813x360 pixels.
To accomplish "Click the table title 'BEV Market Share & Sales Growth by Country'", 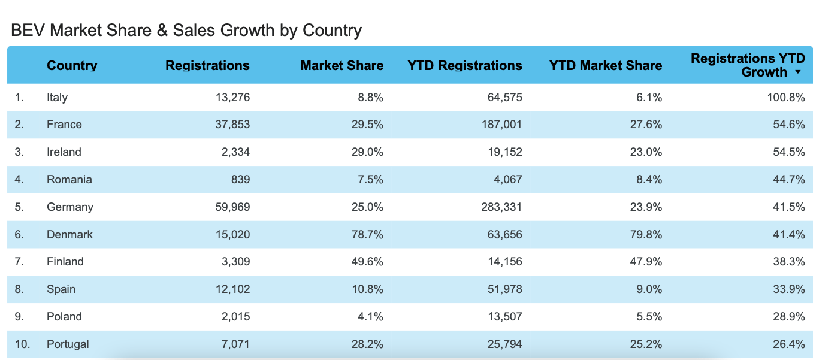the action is tap(186, 30).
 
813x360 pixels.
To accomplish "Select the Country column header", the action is tap(72, 66).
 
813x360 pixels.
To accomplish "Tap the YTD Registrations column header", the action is tap(464, 66).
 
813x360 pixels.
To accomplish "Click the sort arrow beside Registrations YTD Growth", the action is tap(798, 72).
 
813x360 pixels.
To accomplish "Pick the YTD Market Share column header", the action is tap(605, 66).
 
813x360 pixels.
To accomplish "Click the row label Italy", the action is tap(57, 97).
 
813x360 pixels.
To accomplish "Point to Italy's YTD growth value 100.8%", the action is tap(786, 97).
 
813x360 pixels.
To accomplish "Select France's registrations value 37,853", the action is tap(232, 125).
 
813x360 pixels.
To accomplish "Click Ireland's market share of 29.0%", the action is tap(367, 152).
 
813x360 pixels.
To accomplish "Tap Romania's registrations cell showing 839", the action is tap(241, 179).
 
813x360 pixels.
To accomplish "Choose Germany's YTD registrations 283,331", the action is tap(501, 207).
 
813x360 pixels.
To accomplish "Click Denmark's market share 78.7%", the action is tap(367, 234).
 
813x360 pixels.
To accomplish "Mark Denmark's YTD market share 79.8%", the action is tap(646, 234).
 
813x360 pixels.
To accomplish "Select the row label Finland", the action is tap(65, 262).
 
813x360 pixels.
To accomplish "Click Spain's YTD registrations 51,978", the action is tap(505, 289).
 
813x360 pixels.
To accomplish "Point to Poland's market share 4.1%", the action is tap(370, 316).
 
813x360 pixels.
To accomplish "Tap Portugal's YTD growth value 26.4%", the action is tap(789, 344).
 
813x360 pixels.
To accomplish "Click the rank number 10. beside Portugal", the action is tap(22, 344).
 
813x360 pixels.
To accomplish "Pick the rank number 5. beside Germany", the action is tap(19, 207).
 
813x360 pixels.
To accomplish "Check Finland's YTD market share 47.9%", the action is tap(646, 262).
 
